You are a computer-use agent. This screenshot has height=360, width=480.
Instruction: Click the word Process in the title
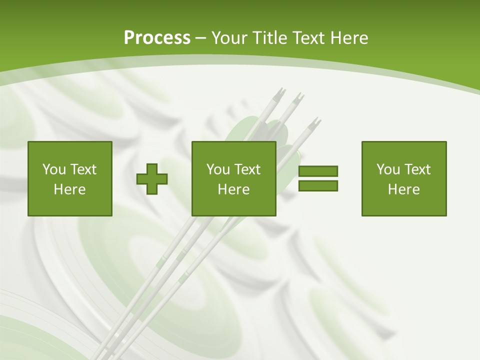[x=157, y=38]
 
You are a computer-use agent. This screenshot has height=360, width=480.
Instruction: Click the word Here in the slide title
[x=351, y=38]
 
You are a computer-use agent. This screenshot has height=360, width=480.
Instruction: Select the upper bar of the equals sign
[x=318, y=171]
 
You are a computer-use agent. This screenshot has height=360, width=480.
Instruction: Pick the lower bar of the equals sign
[x=318, y=185]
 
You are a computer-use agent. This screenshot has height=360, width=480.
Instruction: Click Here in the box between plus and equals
[x=233, y=189]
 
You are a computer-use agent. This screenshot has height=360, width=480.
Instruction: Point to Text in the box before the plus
[x=83, y=169]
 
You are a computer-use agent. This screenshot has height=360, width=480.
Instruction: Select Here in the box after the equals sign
[x=403, y=189]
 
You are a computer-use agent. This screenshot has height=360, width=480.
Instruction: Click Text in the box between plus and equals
[x=247, y=169]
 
